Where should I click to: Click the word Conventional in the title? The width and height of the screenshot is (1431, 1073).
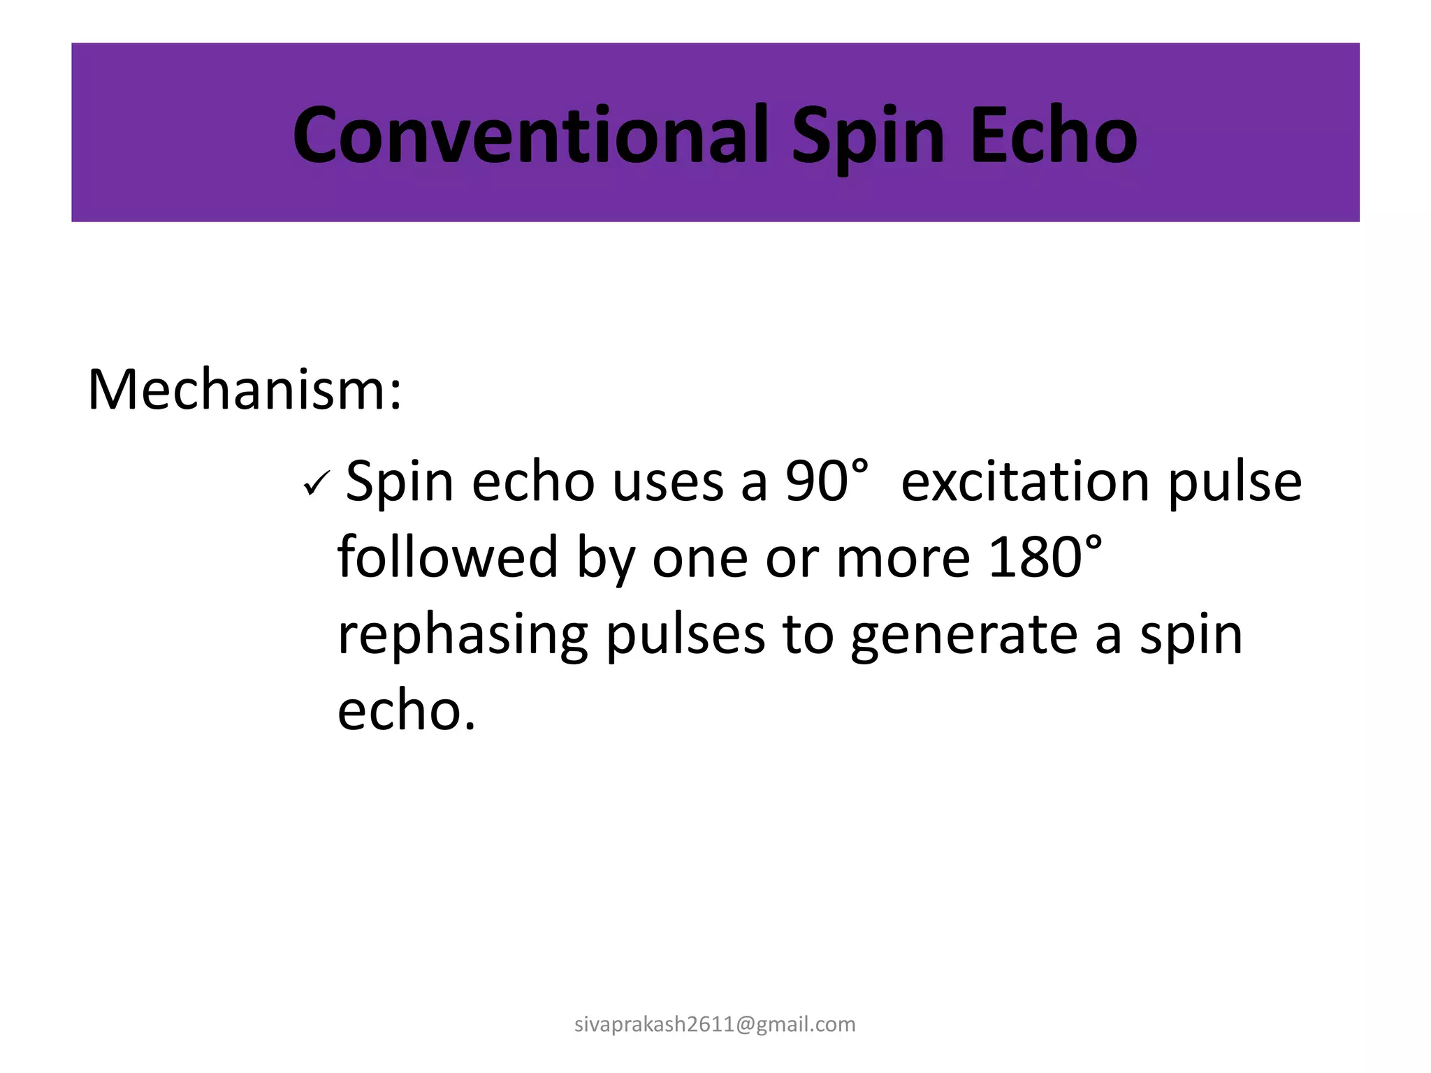tap(530, 134)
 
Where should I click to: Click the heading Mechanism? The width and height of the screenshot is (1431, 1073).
tap(245, 389)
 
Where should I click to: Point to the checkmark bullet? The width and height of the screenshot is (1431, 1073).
tap(317, 484)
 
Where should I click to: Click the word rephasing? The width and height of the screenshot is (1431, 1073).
tap(462, 636)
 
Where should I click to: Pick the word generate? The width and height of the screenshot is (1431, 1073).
tap(964, 636)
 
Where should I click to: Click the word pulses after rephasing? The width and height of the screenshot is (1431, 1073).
tap(685, 636)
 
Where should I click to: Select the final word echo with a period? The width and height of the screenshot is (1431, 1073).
tap(406, 711)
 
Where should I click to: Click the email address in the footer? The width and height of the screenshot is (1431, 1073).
tap(715, 1024)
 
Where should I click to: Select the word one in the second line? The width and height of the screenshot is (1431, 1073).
tap(699, 559)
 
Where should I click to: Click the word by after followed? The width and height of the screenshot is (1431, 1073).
tap(606, 559)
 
